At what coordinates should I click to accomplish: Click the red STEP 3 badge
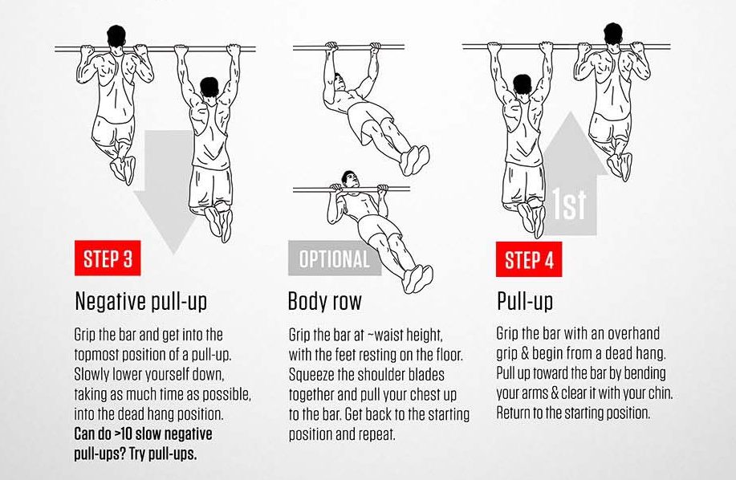coord(108,258)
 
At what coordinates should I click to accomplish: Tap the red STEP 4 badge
coord(529,259)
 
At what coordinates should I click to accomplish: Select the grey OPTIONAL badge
coord(334,258)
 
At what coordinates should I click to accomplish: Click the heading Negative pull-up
coord(140,301)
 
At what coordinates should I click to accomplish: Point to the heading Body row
coord(325,301)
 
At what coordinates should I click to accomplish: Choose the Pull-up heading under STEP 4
coord(525,301)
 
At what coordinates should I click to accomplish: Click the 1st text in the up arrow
coord(569,204)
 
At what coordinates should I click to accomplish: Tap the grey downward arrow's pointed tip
coord(174,254)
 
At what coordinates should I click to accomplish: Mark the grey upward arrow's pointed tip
coord(570,112)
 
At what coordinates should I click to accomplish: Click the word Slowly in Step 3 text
coord(91,375)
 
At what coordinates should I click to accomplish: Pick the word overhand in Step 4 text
coord(634,334)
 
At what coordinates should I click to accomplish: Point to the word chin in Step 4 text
coord(660,393)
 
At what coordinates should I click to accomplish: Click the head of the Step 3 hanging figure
coord(209,87)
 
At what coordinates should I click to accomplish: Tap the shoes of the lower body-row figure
coord(417,279)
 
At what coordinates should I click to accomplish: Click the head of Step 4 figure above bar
coord(613,34)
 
